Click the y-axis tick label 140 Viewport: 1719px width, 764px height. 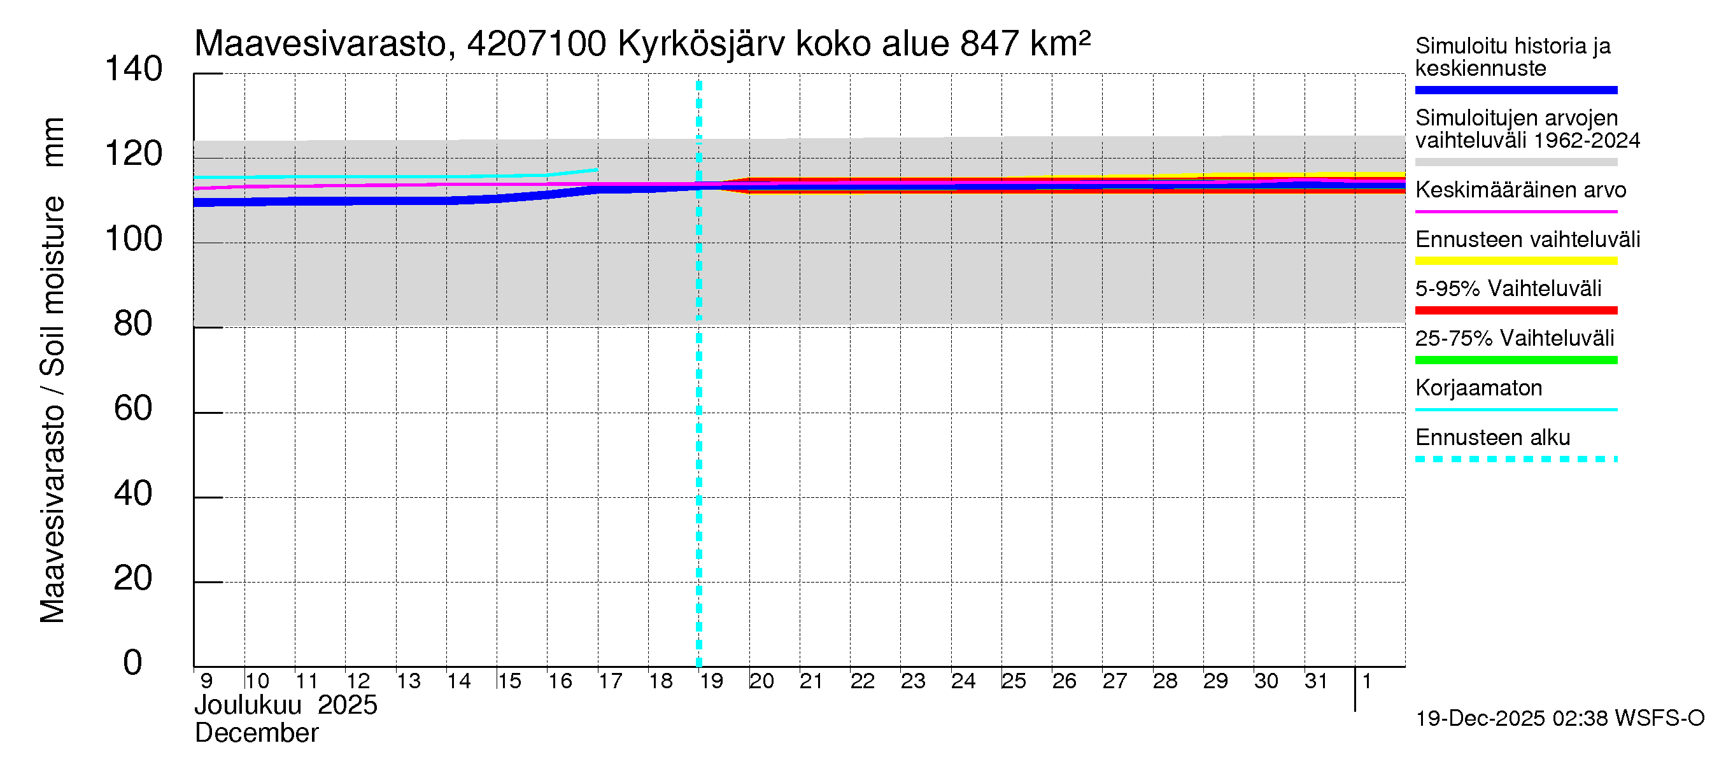134,69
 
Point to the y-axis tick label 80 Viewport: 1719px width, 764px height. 134,324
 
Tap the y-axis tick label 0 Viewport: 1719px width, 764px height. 133,663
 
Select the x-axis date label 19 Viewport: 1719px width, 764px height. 711,681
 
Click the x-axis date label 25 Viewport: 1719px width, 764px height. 1014,681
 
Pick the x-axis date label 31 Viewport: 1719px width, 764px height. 1316,681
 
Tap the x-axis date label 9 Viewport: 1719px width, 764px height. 207,681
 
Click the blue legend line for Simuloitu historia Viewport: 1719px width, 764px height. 1515,90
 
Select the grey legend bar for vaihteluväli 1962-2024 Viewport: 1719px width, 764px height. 1515,162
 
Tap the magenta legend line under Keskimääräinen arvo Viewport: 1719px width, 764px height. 1515,211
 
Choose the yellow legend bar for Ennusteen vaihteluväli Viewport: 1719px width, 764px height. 1515,261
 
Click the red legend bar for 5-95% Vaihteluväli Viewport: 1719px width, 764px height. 1515,310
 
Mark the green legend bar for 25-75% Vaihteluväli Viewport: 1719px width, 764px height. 1515,360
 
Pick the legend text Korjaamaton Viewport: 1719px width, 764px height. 1478,388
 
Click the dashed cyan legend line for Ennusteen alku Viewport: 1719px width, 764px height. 1515,459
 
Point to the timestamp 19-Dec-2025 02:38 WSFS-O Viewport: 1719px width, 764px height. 1559,719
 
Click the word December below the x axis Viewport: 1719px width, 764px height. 256,733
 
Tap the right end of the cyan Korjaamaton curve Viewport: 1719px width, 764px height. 597,169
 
